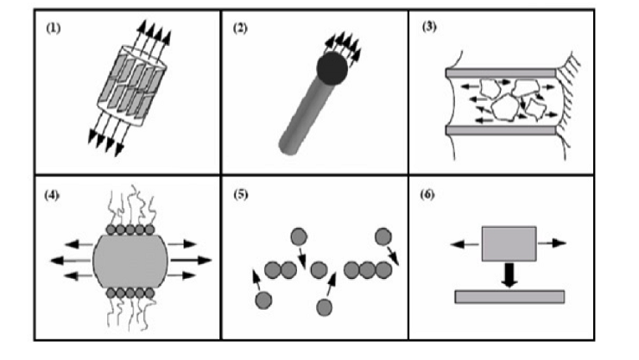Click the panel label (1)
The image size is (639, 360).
coord(53,28)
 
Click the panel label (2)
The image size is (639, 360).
coord(241,28)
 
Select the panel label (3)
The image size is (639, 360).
coord(428,28)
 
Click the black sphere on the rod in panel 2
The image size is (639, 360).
coord(331,68)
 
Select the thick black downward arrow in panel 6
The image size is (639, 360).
coord(509,275)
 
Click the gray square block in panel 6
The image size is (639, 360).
coord(509,243)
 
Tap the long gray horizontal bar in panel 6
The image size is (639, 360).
coord(509,296)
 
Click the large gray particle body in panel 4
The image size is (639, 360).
coord(130,259)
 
